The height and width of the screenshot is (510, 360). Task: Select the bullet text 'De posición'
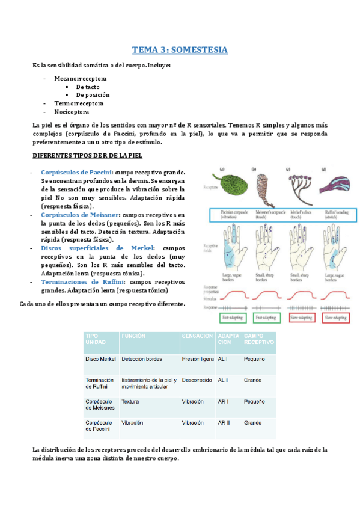(x=93, y=95)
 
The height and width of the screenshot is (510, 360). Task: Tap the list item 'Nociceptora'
(x=72, y=112)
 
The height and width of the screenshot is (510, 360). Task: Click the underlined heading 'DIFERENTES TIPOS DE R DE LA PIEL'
(x=87, y=156)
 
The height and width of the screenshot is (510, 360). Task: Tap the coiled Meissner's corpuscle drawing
(x=263, y=185)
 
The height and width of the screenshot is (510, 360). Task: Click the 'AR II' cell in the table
(x=224, y=423)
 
